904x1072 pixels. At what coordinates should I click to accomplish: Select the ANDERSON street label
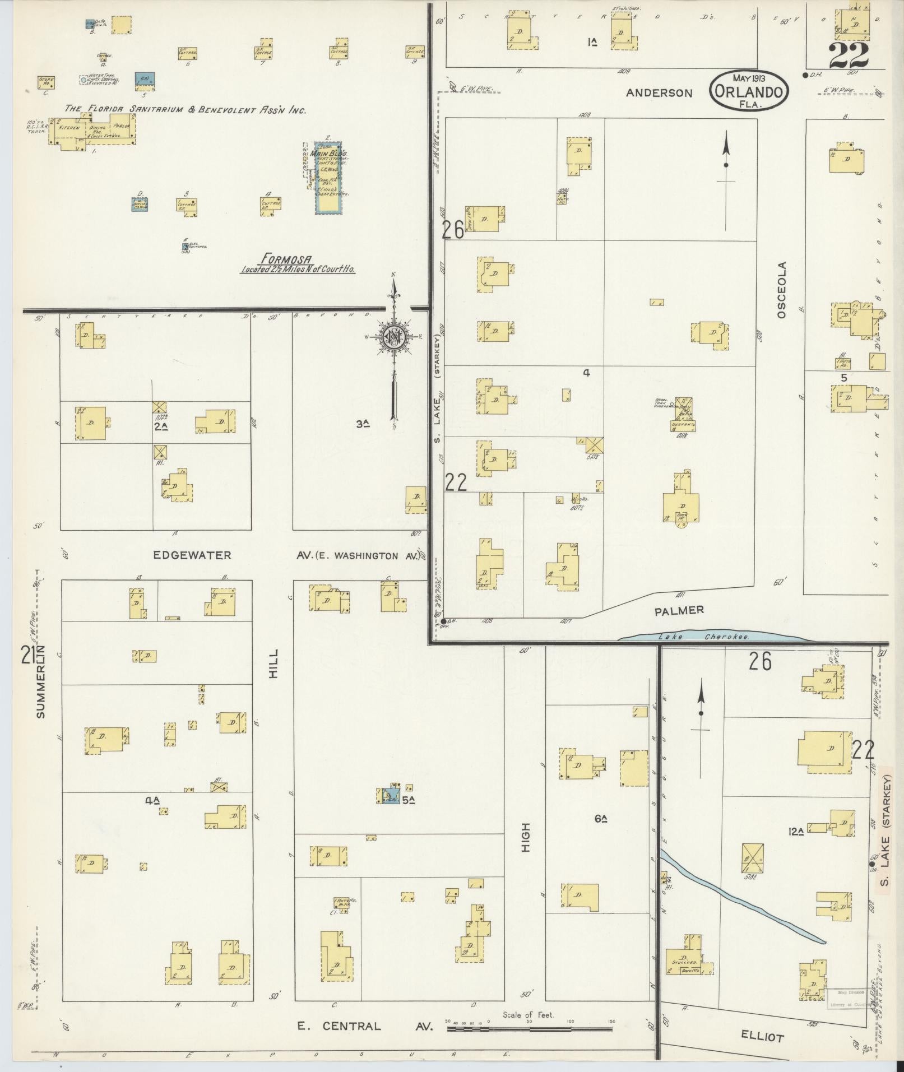pyautogui.click(x=659, y=93)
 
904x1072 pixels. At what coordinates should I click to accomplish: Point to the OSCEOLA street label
pyautogui.click(x=782, y=290)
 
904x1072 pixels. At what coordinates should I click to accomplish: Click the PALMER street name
pyautogui.click(x=679, y=610)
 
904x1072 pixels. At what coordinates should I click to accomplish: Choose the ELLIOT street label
pyautogui.click(x=762, y=1037)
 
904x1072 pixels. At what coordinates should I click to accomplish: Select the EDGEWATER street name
pyautogui.click(x=192, y=555)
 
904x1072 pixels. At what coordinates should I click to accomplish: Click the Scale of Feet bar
pyautogui.click(x=529, y=1029)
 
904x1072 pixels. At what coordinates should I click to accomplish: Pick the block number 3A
pyautogui.click(x=363, y=424)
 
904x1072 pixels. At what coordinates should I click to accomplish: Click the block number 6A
pyautogui.click(x=601, y=819)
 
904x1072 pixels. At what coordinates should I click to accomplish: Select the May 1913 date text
pyautogui.click(x=749, y=78)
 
